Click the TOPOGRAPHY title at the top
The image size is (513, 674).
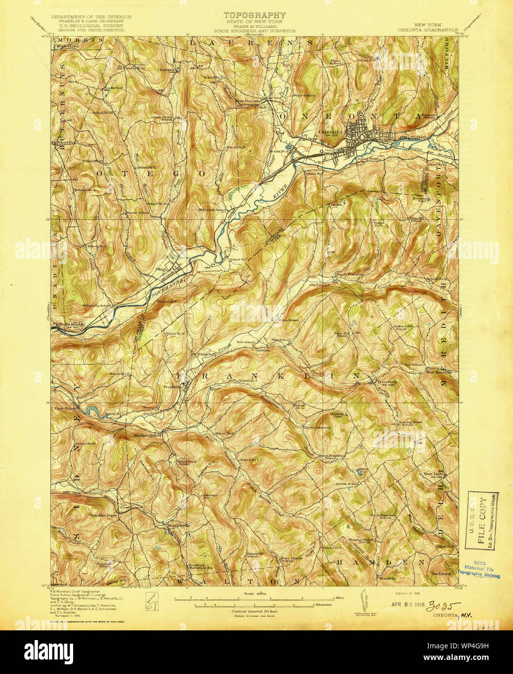254,16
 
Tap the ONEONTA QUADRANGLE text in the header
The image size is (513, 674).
428,29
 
